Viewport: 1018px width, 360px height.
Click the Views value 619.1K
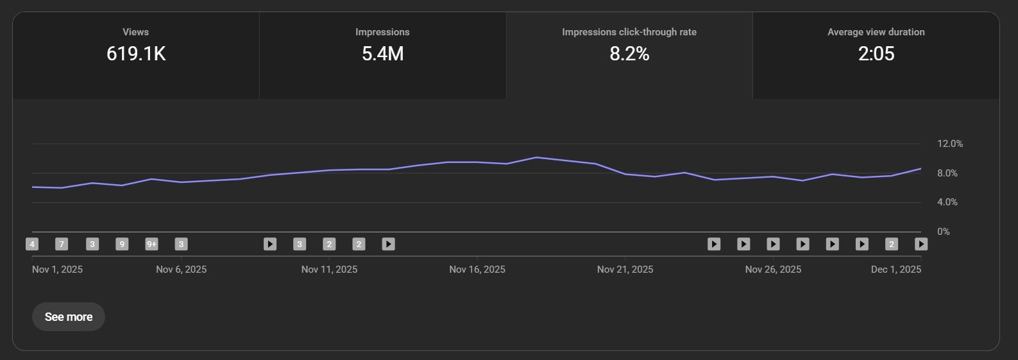pyautogui.click(x=136, y=54)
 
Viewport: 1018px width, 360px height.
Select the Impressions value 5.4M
pyautogui.click(x=382, y=54)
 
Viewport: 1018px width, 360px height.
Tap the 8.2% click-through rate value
pyautogui.click(x=629, y=54)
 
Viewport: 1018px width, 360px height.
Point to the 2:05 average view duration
pyautogui.click(x=876, y=54)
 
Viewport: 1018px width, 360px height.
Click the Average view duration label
pyautogui.click(x=876, y=32)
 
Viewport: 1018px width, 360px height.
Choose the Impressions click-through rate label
pyautogui.click(x=629, y=32)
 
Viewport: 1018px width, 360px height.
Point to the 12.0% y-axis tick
pyautogui.click(x=949, y=144)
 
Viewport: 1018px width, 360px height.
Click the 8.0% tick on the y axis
pyautogui.click(x=947, y=173)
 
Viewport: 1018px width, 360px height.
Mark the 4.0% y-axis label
pyautogui.click(x=947, y=202)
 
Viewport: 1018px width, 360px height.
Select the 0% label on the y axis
pyautogui.click(x=943, y=232)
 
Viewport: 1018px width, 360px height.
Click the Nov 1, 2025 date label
pyautogui.click(x=57, y=270)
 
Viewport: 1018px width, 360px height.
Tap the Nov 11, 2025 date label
pyautogui.click(x=329, y=270)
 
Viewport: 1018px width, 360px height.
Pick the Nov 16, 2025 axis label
pyautogui.click(x=477, y=270)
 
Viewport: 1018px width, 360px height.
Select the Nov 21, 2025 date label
pyautogui.click(x=625, y=270)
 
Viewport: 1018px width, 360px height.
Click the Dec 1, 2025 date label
pyautogui.click(x=895, y=270)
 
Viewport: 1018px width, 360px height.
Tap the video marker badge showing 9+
pyautogui.click(x=151, y=244)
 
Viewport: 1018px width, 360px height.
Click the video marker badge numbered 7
pyautogui.click(x=62, y=244)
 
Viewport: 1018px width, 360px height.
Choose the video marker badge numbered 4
pyautogui.click(x=32, y=244)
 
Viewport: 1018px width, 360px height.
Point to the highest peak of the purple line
pyautogui.click(x=536, y=157)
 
